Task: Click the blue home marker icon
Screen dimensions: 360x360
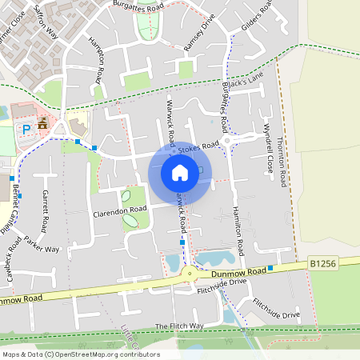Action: pyautogui.click(x=180, y=173)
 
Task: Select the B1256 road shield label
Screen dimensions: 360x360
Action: pyautogui.click(x=320, y=262)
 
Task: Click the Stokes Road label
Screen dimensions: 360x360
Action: pyautogui.click(x=198, y=149)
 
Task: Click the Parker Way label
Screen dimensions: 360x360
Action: pyautogui.click(x=42, y=244)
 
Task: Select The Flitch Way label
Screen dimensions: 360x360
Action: pyautogui.click(x=179, y=326)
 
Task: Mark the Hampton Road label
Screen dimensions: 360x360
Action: pyautogui.click(x=97, y=59)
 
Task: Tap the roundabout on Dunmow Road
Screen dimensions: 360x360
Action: pyautogui.click(x=190, y=274)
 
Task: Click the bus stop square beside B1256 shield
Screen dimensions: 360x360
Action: pyautogui.click(x=271, y=268)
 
